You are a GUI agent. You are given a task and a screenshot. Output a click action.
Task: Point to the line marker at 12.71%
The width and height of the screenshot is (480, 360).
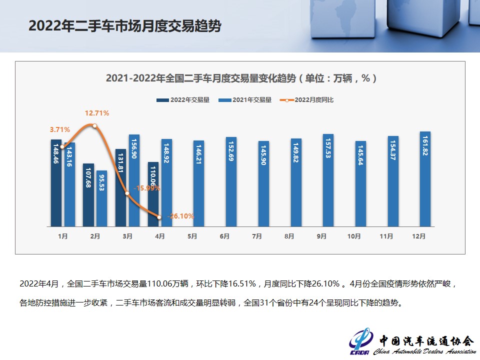[x=94, y=125]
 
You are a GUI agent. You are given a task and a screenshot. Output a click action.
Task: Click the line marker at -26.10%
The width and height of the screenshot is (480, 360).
[x=159, y=217]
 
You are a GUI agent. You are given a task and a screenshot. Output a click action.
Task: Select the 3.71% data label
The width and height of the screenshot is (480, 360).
[x=59, y=129]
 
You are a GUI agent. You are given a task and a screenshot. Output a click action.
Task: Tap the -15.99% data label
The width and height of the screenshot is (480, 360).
[x=147, y=188]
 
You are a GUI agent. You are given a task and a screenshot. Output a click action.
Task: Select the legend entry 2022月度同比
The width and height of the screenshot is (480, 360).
[x=308, y=100]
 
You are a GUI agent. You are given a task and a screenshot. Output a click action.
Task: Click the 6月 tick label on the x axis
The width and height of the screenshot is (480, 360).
[x=224, y=236]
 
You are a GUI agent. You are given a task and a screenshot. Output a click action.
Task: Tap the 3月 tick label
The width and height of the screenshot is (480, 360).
[x=127, y=236]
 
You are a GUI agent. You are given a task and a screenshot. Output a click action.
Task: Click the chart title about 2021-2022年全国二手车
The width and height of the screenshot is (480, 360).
[x=241, y=78]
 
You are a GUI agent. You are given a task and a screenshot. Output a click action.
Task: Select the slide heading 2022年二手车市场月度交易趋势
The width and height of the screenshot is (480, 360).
[x=124, y=26]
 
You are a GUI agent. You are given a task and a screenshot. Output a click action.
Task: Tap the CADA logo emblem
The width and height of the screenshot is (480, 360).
[x=360, y=341]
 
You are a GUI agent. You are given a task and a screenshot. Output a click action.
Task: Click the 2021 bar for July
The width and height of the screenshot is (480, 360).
[x=263, y=183]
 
